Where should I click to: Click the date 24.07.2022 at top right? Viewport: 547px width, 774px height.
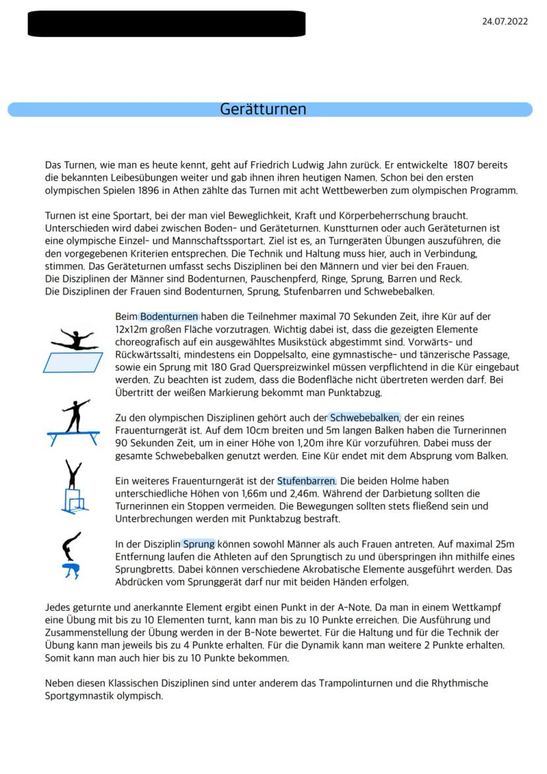505,22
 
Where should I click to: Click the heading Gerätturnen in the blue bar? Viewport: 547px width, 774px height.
263,109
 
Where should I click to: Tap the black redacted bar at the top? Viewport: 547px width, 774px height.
166,24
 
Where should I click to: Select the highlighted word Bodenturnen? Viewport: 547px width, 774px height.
169,317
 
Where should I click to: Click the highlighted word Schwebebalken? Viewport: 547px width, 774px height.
365,418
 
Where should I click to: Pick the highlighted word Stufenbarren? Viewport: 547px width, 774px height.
306,481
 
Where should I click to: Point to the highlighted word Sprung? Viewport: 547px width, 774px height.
199,544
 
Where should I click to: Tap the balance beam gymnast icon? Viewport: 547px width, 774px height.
73,422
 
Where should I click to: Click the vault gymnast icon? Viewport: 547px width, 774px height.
71,556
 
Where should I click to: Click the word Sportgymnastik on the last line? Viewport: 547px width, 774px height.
77,695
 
